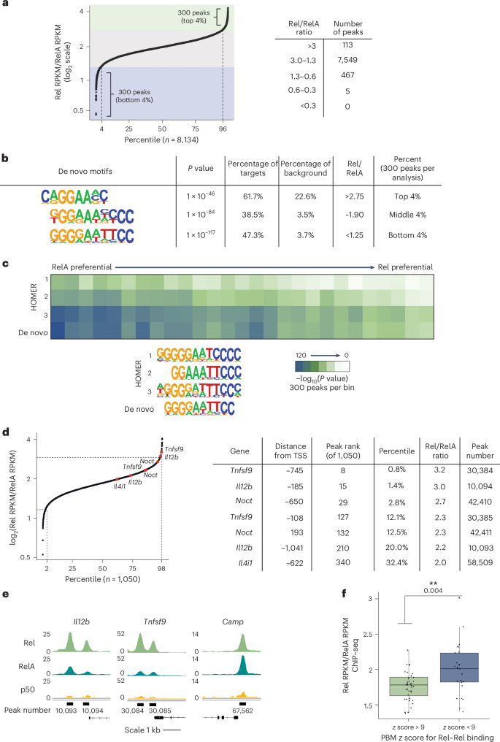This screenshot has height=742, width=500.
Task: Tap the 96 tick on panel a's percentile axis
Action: [x=223, y=127]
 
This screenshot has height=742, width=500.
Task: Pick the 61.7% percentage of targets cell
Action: [x=250, y=194]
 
